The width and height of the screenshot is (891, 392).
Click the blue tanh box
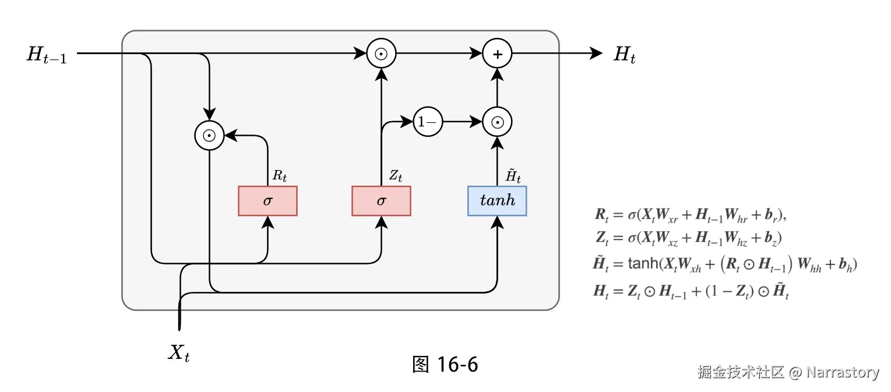tap(497, 201)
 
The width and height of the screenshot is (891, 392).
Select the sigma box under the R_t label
tap(267, 201)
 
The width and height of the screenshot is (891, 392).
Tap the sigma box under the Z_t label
tap(381, 201)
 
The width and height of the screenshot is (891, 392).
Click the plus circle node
tap(497, 54)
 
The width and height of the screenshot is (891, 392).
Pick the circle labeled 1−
tap(428, 122)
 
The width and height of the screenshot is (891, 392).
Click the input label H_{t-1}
tap(47, 55)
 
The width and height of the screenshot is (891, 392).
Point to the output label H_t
tap(625, 55)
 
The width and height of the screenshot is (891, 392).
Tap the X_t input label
tap(179, 352)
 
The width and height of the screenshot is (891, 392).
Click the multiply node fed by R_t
tap(209, 136)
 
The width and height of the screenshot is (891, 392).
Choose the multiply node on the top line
tap(381, 54)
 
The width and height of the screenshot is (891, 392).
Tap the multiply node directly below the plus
tap(497, 122)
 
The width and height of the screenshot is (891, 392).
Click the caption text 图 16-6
tap(445, 365)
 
